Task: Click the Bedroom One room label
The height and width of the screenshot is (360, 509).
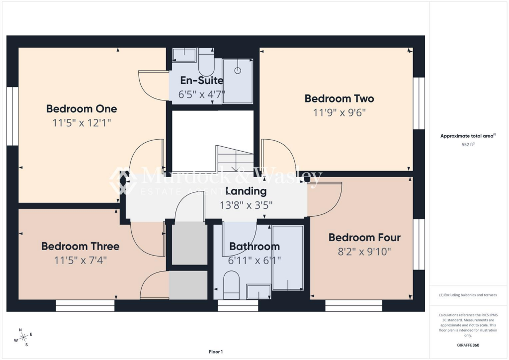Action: coord(82,108)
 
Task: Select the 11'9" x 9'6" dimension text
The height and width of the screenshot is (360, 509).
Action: coord(339,113)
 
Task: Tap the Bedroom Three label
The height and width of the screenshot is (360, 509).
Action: coord(80,246)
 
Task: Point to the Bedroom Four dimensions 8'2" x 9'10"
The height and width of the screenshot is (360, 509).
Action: coord(364,252)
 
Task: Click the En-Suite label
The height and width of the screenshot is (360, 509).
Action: coord(201,80)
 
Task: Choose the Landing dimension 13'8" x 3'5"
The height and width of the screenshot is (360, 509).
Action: coord(246,204)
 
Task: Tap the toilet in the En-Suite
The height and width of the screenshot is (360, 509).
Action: coord(205,62)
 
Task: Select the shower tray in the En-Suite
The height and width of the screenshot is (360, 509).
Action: coord(238,81)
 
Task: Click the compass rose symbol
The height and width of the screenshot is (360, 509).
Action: coord(23,338)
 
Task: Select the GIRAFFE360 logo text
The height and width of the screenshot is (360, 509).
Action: coord(468,345)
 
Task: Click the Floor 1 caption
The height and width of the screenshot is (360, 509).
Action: coord(216,352)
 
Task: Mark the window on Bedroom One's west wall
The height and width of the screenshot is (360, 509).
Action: coord(12,116)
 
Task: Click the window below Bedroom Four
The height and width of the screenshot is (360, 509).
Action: coord(353,305)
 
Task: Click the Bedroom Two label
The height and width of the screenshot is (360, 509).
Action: coord(339,98)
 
